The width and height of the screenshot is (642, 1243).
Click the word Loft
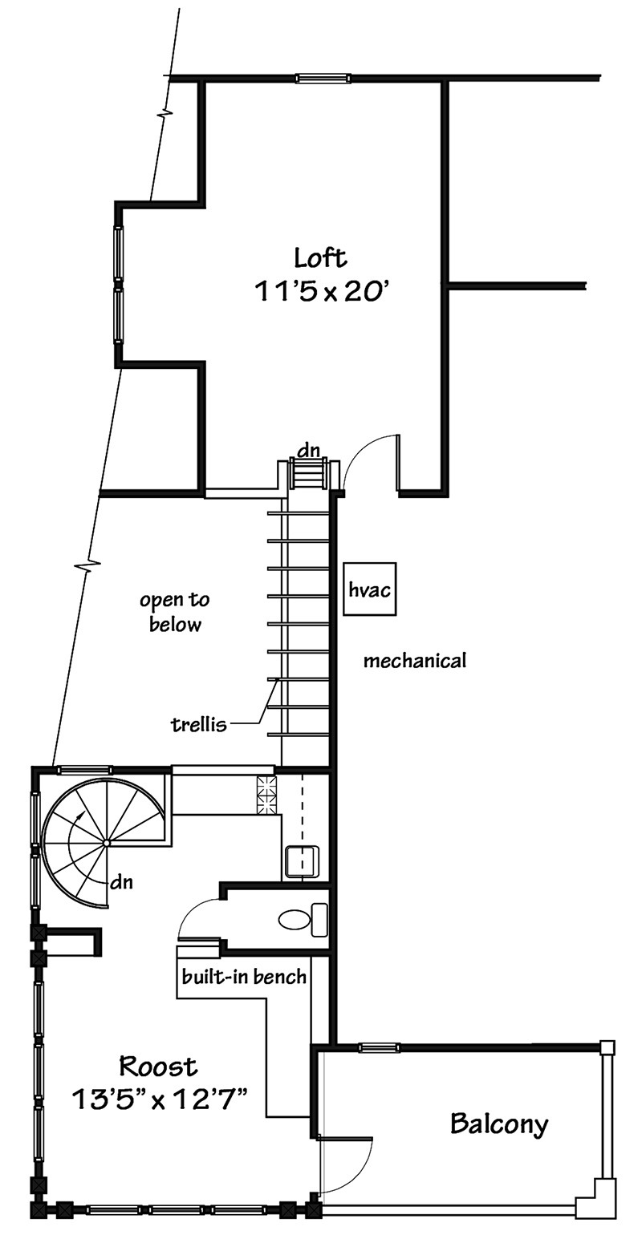[320, 258]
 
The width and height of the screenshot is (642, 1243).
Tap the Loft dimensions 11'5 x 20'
[323, 291]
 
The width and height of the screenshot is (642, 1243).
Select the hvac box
[370, 589]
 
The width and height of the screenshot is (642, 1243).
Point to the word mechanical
[414, 661]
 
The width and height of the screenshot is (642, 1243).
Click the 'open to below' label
[175, 612]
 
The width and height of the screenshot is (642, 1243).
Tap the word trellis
[199, 725]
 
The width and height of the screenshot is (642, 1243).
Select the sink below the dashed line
[303, 860]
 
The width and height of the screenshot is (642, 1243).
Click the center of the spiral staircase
[106, 843]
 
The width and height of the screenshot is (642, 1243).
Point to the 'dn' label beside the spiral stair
[121, 883]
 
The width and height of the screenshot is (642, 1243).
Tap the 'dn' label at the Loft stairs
[308, 451]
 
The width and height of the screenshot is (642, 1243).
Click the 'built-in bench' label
[243, 977]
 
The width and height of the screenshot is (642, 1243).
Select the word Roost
[157, 1067]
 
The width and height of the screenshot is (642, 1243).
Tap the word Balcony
[499, 1124]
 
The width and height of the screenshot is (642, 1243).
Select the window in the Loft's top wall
[323, 78]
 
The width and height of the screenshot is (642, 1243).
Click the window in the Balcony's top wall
[379, 1047]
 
